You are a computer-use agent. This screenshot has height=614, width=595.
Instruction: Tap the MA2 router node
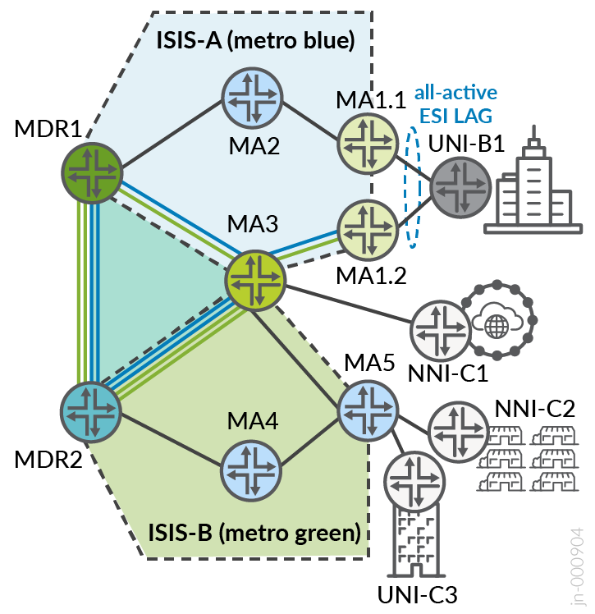pos(254,100)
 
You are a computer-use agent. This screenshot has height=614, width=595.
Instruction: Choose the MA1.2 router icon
pos(368,227)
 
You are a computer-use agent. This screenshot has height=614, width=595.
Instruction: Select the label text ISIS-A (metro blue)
pos(254,39)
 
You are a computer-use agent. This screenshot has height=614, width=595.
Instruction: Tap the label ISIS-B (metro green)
pos(254,532)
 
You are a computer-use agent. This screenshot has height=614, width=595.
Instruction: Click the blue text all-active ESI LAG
pos(455,101)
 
